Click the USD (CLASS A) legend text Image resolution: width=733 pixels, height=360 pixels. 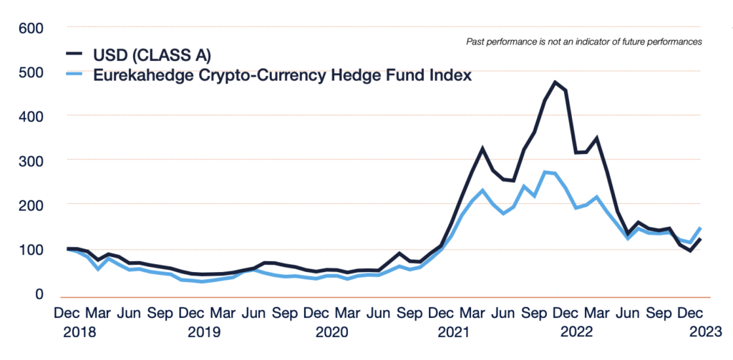[x=151, y=54]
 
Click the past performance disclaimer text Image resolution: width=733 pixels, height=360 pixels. [x=583, y=42]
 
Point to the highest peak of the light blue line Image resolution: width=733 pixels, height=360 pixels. [x=545, y=172]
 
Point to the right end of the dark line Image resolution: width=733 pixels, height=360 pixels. [x=700, y=239]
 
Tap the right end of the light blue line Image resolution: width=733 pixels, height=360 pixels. [x=700, y=228]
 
